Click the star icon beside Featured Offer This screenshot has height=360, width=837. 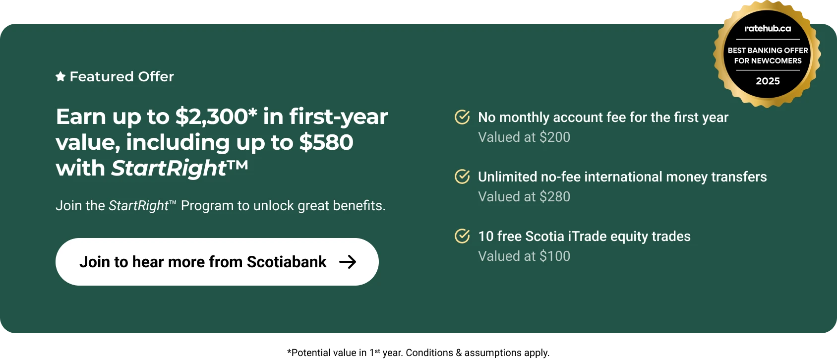point(60,77)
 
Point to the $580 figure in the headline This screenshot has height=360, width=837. point(326,142)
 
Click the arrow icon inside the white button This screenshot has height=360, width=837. point(348,262)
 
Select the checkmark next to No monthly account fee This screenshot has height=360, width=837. point(462,117)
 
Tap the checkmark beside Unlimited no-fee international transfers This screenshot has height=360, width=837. point(462,177)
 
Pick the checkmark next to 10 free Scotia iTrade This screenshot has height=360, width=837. point(462,236)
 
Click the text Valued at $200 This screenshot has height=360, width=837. point(524,137)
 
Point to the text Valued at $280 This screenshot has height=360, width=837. point(524,197)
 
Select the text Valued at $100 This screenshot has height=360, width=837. point(524,256)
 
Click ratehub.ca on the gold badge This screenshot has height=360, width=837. point(768,28)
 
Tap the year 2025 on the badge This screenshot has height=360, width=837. point(768,81)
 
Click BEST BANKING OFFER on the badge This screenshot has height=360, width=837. point(768,50)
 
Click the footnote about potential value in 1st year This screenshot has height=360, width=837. point(418,353)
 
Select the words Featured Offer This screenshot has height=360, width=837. point(122,77)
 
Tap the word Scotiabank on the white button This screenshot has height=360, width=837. point(287,262)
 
